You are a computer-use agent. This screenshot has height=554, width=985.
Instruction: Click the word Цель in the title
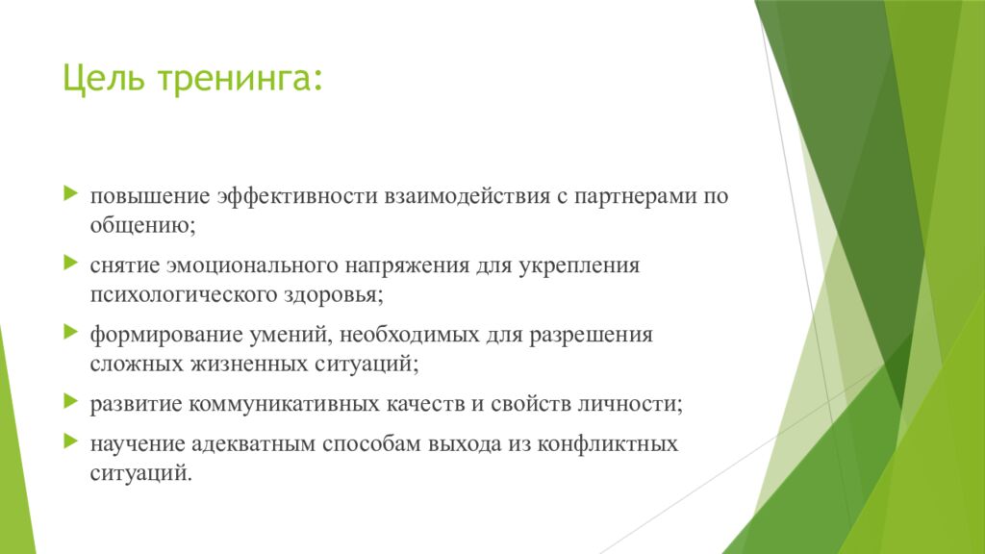104,79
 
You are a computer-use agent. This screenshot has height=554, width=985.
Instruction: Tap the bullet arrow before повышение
71,193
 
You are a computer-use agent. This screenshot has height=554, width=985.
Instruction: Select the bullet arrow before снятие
71,263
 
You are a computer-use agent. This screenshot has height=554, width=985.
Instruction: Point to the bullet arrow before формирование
71,332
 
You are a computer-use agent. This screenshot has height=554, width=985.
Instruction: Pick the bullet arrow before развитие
71,401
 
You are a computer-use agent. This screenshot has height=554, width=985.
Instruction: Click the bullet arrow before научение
71,441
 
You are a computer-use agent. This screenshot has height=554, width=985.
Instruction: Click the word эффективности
298,196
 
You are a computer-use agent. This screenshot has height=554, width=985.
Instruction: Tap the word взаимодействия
467,197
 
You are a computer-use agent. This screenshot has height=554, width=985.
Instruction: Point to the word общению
142,225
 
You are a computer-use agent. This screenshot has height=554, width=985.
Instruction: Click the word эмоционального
253,265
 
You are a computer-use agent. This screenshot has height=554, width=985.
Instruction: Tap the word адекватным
254,444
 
